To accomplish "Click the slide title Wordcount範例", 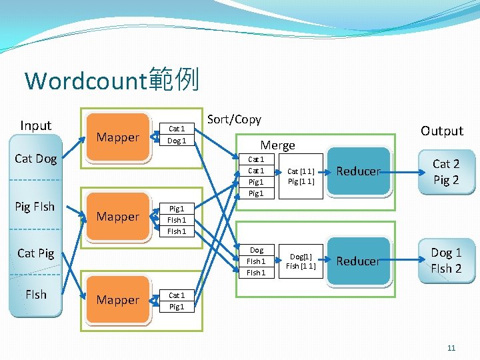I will [111, 81].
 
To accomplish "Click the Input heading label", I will [36, 125].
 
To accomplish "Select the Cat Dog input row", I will [36, 159].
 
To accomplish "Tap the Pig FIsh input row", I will [35, 206].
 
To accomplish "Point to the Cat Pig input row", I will [36, 253].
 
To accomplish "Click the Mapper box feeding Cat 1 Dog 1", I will [117, 137].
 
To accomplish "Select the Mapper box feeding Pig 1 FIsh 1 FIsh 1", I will [117, 217].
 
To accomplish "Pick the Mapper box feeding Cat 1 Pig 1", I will [117, 300].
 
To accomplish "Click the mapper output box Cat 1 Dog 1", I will [177, 135].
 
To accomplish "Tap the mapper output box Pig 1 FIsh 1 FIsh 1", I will [177, 219].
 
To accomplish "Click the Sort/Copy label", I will [234, 119].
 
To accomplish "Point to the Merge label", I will [277, 145].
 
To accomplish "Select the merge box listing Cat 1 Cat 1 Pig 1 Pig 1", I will [256, 176].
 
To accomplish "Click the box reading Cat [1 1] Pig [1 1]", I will [301, 176].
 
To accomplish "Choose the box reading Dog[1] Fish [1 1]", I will [301, 261].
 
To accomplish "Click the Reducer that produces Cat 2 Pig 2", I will [358, 172].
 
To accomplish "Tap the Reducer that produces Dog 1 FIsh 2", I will [358, 261].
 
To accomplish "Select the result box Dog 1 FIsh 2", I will [446, 261].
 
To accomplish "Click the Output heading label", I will [441, 131].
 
